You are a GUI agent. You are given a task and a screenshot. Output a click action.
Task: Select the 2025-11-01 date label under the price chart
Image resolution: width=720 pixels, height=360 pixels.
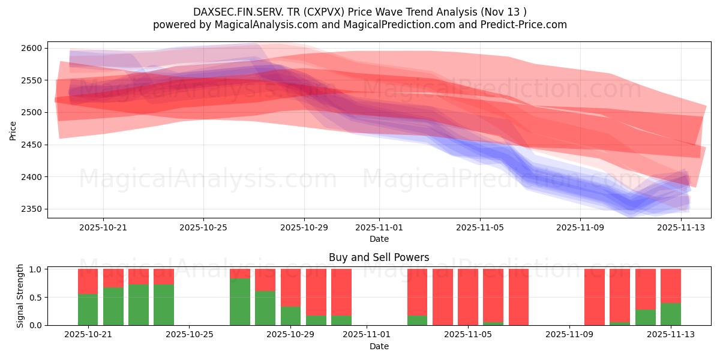(x=379, y=228)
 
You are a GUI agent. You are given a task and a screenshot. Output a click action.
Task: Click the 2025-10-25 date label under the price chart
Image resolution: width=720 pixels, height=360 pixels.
(x=203, y=228)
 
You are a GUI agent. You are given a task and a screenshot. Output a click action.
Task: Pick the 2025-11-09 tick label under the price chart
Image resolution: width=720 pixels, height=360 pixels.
(x=580, y=228)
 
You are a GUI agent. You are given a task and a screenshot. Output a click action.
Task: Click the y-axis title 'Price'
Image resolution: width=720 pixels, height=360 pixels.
(x=13, y=130)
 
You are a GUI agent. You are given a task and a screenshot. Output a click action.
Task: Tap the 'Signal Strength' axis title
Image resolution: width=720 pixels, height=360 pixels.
(x=20, y=296)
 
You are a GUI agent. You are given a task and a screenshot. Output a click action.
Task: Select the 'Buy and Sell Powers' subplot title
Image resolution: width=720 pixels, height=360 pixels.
(x=379, y=257)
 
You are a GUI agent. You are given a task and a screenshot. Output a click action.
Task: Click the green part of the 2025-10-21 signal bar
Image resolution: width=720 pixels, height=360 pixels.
(x=88, y=310)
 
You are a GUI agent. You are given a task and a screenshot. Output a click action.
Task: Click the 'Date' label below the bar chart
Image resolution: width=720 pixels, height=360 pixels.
(x=379, y=346)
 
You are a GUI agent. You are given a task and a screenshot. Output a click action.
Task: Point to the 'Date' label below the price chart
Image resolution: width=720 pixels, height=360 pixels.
(x=379, y=239)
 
